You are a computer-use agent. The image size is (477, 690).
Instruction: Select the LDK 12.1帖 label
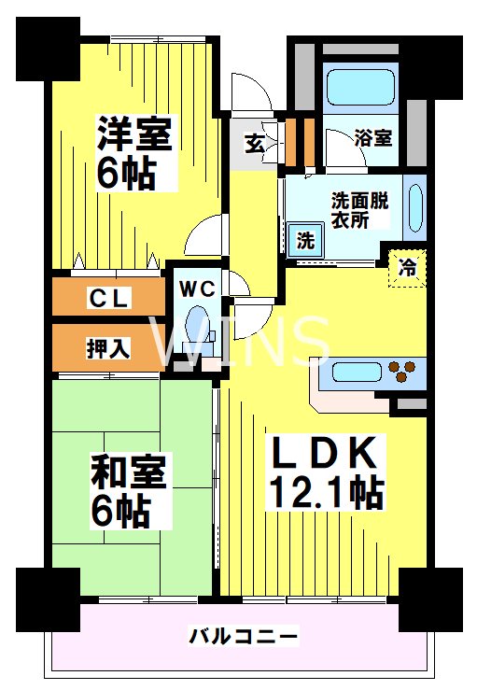[325, 472]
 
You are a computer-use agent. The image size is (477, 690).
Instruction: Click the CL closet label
[109, 299]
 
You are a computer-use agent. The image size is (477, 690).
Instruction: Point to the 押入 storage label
[109, 348]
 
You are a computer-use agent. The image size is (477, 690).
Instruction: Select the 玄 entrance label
[254, 143]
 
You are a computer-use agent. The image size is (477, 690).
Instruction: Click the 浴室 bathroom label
[373, 137]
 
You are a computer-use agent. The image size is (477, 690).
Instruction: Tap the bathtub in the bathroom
[360, 87]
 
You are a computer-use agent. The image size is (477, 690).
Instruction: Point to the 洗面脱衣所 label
[359, 209]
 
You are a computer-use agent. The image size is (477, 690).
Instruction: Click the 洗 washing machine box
[305, 239]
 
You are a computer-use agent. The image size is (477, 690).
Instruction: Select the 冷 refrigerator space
[409, 266]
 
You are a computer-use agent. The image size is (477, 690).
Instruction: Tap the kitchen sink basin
[348, 373]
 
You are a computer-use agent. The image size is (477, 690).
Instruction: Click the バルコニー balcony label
[244, 637]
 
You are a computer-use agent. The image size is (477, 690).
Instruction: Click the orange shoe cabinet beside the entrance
[299, 137]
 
